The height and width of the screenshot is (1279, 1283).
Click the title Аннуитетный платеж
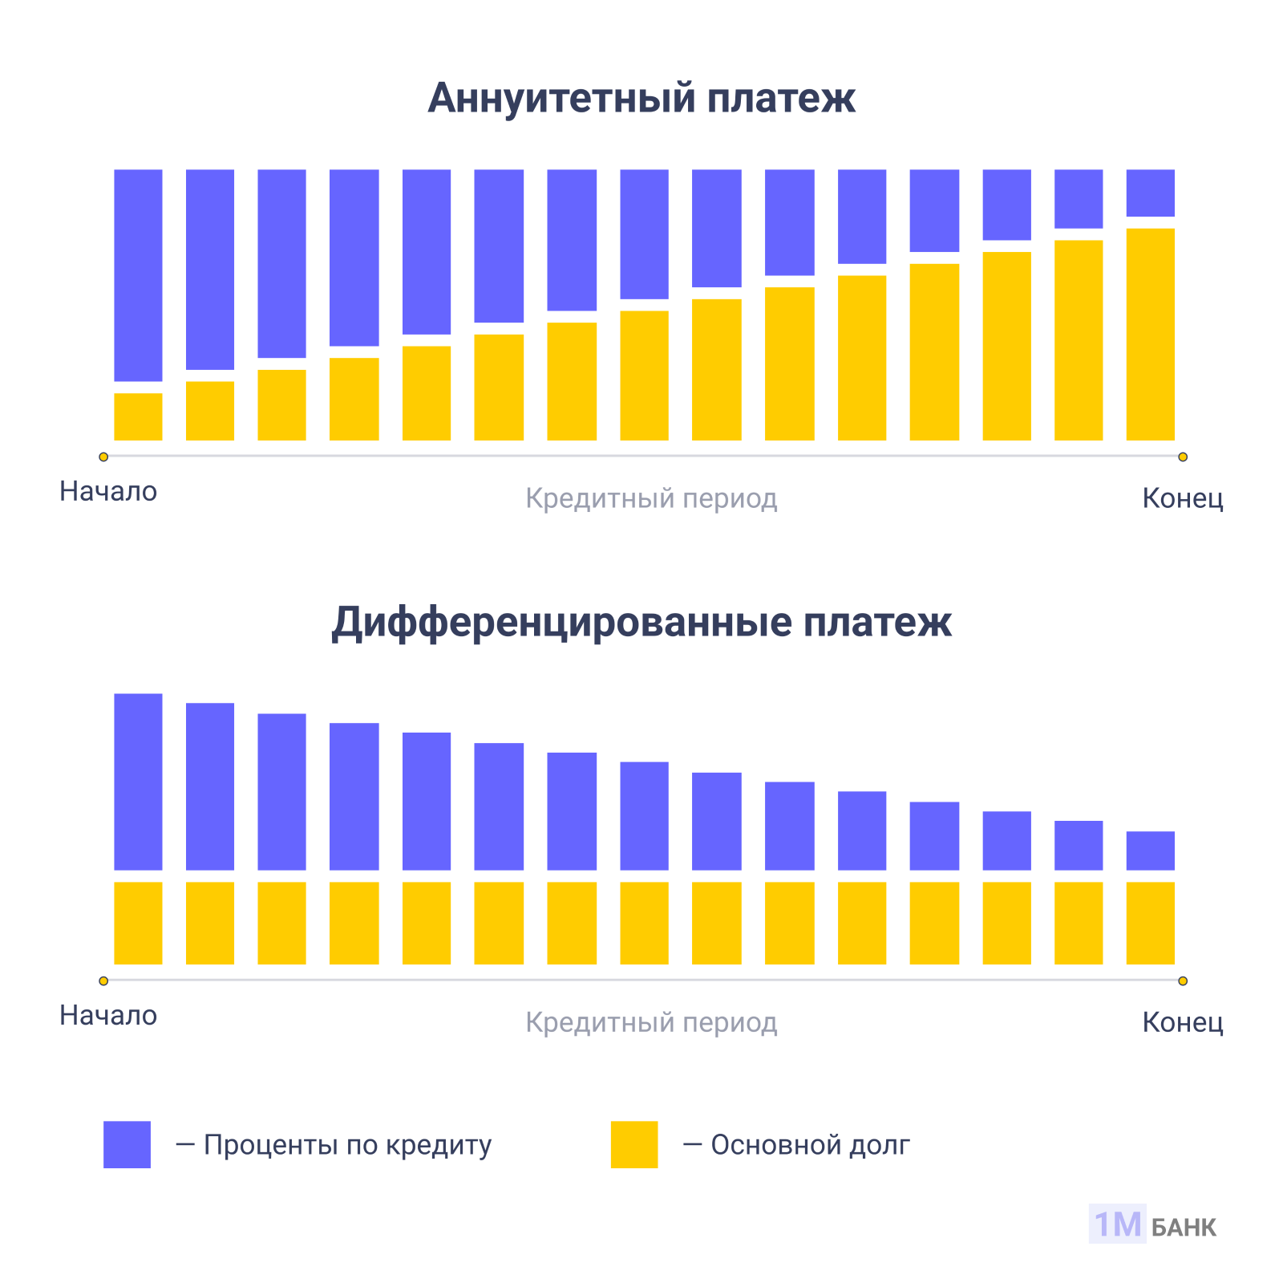pyautogui.click(x=641, y=99)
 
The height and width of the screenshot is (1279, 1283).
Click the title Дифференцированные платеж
pyautogui.click(x=641, y=623)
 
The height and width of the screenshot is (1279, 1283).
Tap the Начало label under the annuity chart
pyautogui.click(x=108, y=491)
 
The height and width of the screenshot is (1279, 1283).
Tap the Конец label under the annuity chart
pyautogui.click(x=1182, y=498)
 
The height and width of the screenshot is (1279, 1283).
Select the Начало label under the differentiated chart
pyautogui.click(x=108, y=1015)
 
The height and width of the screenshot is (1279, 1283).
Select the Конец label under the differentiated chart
pyautogui.click(x=1182, y=1022)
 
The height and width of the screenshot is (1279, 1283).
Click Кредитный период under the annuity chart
pyautogui.click(x=651, y=498)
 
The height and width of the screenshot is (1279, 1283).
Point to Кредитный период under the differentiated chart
pyautogui.click(x=651, y=1022)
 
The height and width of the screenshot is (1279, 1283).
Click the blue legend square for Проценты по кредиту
pyautogui.click(x=127, y=1144)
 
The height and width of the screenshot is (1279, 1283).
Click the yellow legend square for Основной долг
pyautogui.click(x=633, y=1144)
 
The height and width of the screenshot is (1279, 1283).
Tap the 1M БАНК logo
pyautogui.click(x=1152, y=1224)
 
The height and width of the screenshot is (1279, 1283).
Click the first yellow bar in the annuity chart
pyautogui.click(x=138, y=416)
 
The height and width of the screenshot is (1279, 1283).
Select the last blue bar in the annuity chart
pyautogui.click(x=1150, y=193)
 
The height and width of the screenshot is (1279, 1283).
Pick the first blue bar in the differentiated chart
pyautogui.click(x=138, y=782)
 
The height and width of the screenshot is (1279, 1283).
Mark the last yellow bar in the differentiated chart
pyautogui.click(x=1150, y=923)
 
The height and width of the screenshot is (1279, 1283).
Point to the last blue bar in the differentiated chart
pyautogui.click(x=1150, y=851)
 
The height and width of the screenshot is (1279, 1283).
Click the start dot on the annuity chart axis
pyautogui.click(x=103, y=457)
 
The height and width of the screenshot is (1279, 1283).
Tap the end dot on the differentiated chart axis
pyautogui.click(x=1182, y=981)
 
